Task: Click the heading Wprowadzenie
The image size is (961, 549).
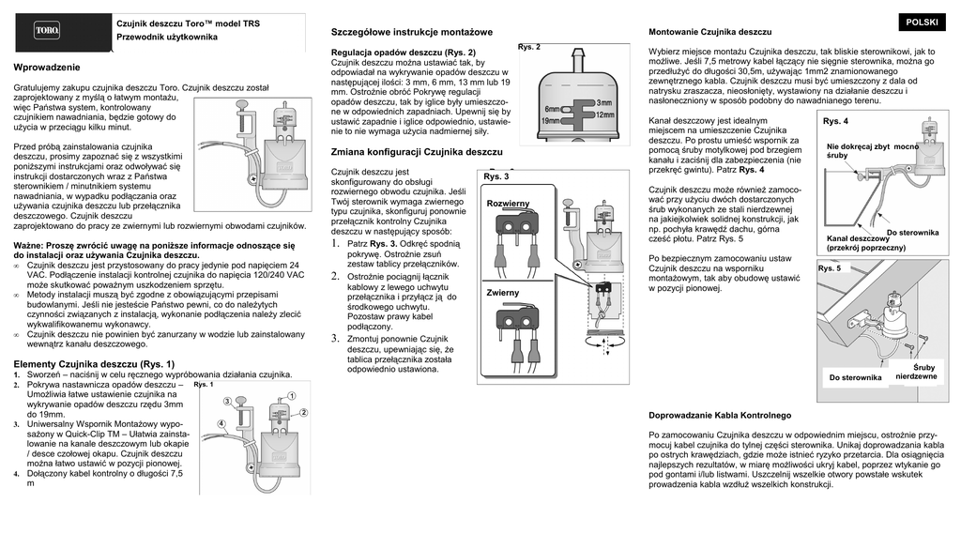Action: (x=47, y=68)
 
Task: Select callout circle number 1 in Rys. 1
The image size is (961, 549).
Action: (x=291, y=397)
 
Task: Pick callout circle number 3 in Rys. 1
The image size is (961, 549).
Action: (x=226, y=402)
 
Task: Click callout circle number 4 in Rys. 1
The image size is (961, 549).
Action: (x=221, y=424)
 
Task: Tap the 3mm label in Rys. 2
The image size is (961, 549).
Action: (x=604, y=102)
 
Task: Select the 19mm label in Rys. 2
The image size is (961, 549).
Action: (x=551, y=121)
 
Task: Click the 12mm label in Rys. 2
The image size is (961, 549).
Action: (x=604, y=114)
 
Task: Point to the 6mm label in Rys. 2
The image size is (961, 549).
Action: (x=552, y=110)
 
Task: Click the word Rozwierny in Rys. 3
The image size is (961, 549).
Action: (x=508, y=204)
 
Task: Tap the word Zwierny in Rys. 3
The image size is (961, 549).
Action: (x=503, y=294)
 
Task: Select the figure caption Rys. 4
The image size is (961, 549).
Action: (x=835, y=122)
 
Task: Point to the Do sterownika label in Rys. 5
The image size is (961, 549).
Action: (x=855, y=377)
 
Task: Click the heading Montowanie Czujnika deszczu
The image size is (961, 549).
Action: (x=710, y=33)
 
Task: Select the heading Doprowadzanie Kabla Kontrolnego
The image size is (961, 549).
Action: (x=720, y=415)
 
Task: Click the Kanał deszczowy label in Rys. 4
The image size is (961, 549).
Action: (x=858, y=238)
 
